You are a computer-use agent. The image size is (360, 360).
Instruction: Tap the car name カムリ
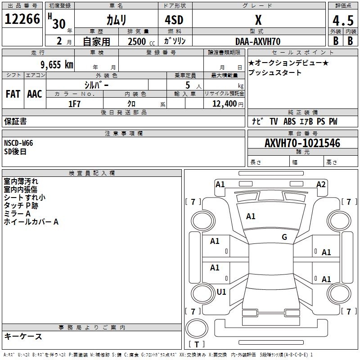(116, 20)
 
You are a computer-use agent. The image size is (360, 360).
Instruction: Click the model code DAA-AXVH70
(258, 41)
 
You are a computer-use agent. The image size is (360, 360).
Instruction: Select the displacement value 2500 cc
(138, 41)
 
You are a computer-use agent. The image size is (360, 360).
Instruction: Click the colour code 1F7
(74, 104)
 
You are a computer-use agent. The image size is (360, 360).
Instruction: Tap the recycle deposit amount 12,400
(224, 104)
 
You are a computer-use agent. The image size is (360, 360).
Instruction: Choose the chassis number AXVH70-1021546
(302, 144)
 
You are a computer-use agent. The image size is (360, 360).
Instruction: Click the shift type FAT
(13, 94)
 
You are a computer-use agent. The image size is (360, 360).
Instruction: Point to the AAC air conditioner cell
(35, 94)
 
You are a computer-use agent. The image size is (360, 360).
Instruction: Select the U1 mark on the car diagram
(221, 292)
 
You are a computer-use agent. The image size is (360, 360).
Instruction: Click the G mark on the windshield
(284, 237)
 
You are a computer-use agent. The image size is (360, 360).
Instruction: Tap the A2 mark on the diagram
(321, 184)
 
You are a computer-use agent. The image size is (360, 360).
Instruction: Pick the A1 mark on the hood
(251, 216)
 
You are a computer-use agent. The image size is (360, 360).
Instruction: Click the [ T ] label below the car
(197, 345)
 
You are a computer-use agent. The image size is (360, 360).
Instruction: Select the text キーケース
(23, 336)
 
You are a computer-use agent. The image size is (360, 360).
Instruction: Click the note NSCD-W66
(18, 143)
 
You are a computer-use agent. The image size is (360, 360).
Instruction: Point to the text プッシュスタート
(275, 72)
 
